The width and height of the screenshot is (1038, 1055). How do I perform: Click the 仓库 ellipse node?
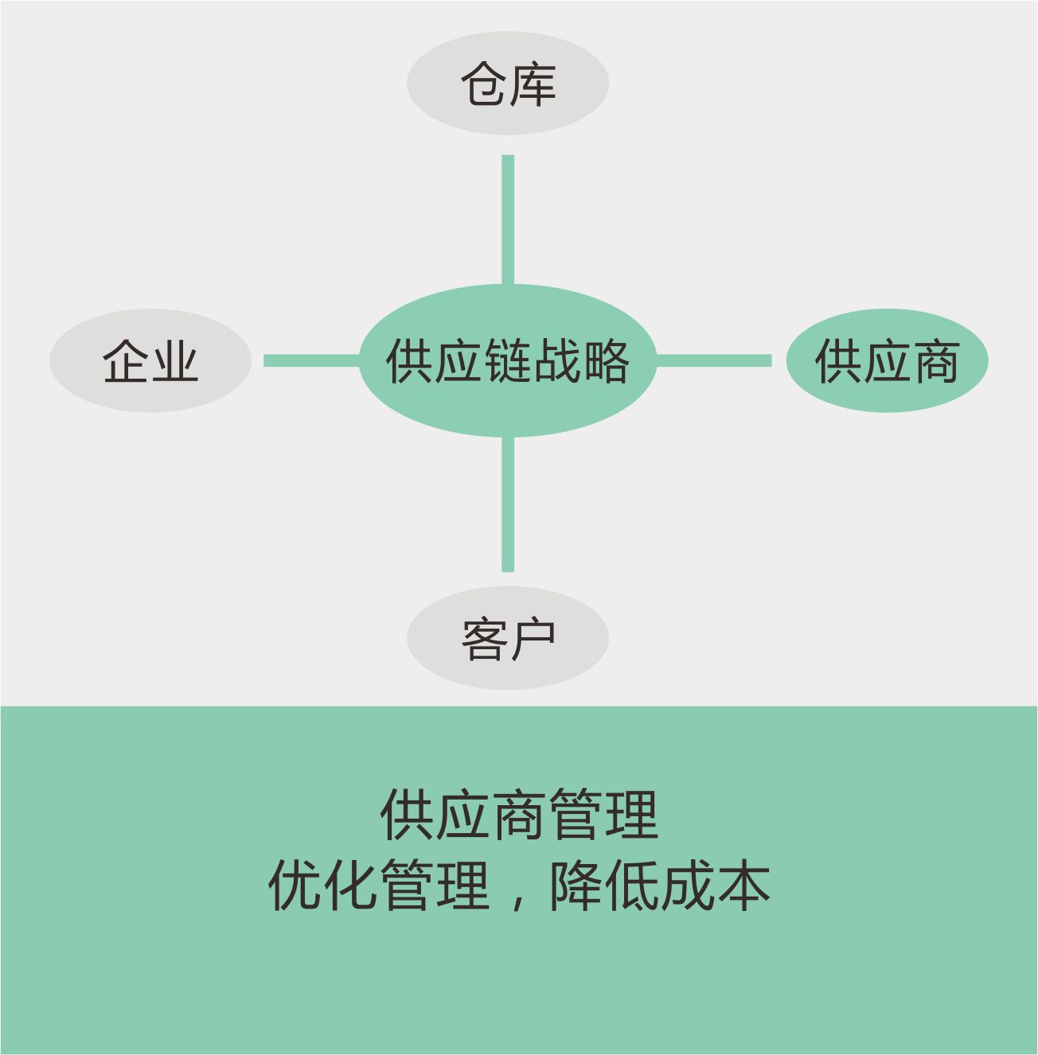pos(508,84)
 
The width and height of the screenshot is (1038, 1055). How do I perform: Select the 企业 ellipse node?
pos(150,360)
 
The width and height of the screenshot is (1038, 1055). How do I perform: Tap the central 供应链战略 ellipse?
pos(508,360)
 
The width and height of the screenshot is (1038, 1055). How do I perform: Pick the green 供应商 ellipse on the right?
pos(888,360)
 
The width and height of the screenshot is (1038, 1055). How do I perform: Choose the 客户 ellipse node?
pos(508,638)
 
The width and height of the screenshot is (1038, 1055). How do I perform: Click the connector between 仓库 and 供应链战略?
pos(508,220)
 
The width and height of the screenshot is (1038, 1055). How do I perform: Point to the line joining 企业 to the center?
pos(312,360)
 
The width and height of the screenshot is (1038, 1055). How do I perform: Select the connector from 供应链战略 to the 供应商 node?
pos(714,360)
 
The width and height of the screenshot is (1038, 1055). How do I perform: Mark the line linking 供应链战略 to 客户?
pos(508,504)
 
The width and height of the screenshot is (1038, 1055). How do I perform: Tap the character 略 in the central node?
pos(606,360)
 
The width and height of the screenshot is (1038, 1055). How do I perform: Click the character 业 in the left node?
pos(175,360)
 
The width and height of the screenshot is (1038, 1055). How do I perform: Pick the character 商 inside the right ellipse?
pos(936,360)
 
